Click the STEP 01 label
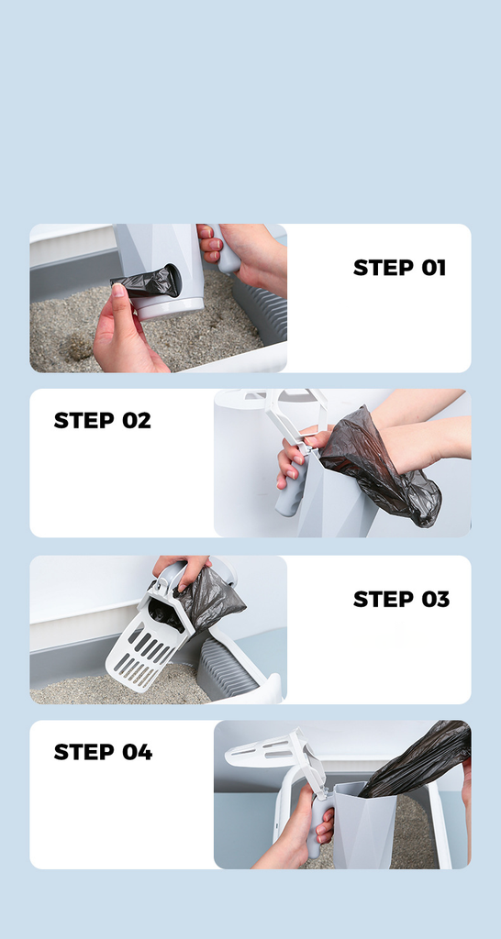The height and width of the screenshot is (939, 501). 400,268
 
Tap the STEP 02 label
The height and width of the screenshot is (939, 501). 103,420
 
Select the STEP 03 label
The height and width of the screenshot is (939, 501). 401,599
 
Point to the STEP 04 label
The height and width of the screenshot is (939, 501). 103,752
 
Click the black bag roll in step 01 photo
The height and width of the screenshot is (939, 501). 147,282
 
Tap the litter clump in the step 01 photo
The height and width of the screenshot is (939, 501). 78,347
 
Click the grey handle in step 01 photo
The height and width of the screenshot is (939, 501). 227,251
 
